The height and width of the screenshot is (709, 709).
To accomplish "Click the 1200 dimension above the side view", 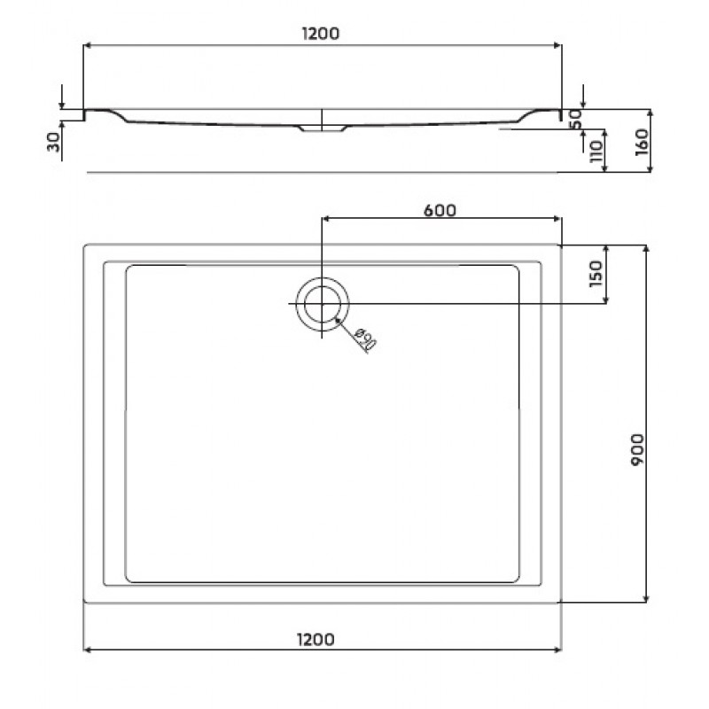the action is click(321, 34).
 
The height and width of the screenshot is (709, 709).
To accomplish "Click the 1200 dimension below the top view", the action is click(316, 639).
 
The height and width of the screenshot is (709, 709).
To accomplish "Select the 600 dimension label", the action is click(440, 211).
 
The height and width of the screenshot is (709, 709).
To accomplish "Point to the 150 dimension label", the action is click(596, 274).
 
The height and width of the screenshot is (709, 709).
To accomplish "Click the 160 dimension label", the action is click(642, 143).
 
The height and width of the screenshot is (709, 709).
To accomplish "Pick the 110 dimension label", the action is click(596, 151).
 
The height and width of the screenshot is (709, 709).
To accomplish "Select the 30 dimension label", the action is click(54, 142).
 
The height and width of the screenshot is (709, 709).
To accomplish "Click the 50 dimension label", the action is click(575, 120).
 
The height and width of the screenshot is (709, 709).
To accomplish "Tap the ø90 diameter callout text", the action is click(365, 339).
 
